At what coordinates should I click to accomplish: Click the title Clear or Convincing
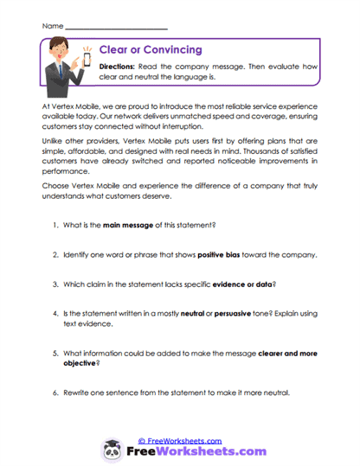(151, 50)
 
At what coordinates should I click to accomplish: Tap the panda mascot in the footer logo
(112, 450)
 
